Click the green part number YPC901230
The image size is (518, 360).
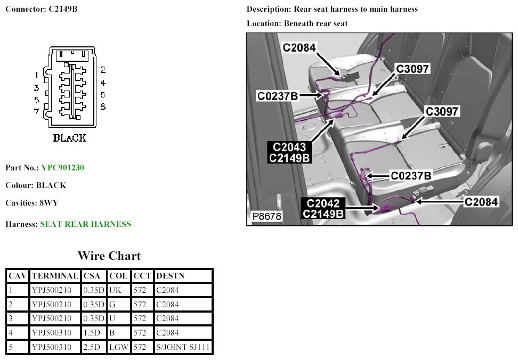tap(62, 168)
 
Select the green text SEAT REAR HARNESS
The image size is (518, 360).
tap(85, 224)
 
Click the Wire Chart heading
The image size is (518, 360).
tap(109, 256)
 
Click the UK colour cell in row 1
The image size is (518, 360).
tap(115, 291)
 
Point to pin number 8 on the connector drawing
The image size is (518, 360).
tap(103, 107)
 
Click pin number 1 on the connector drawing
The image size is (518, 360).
tap(36, 75)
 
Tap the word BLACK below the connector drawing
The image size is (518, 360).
tap(69, 138)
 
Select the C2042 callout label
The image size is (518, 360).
tap(323, 203)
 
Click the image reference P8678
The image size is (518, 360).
tap(267, 217)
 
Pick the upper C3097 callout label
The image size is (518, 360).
tap(412, 69)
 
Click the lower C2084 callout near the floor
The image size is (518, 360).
tap(481, 202)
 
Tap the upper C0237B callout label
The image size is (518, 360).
tap(277, 96)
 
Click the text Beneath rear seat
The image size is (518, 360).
tap(316, 24)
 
